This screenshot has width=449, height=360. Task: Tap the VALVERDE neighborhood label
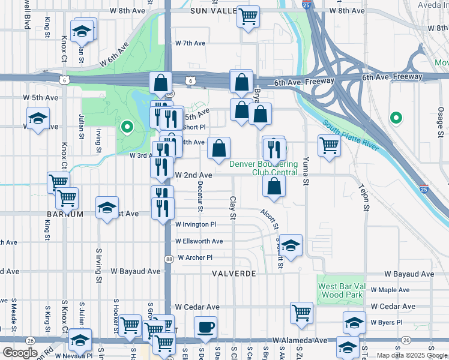tap(234, 274)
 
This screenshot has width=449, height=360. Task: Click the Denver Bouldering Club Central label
tap(264, 168)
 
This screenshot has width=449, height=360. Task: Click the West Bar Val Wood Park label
tap(340, 290)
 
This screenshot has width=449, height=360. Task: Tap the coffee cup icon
tap(205, 327)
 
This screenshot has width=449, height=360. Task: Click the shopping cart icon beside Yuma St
tap(329, 146)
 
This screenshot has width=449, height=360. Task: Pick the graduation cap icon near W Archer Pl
tap(291, 245)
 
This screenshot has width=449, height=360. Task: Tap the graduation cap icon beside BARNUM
tap(107, 208)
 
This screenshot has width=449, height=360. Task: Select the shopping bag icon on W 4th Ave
tap(220, 149)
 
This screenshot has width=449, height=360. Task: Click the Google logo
tap(19, 353)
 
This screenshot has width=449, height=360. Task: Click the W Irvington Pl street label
tap(195, 224)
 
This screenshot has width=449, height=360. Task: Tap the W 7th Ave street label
tap(190, 43)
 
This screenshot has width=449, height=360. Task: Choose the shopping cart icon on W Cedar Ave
tap(301, 311)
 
